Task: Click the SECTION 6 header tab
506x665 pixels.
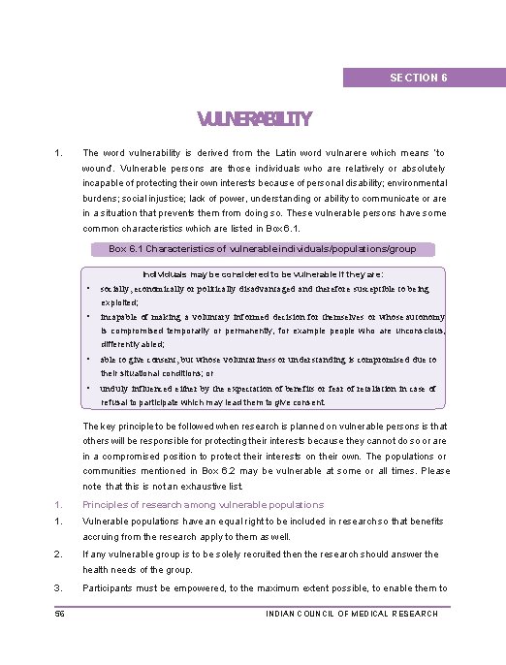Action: (x=418, y=78)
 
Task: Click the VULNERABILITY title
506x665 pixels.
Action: (x=254, y=120)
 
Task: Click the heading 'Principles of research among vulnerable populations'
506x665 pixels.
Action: (x=204, y=505)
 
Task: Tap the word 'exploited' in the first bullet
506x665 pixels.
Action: (x=119, y=302)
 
